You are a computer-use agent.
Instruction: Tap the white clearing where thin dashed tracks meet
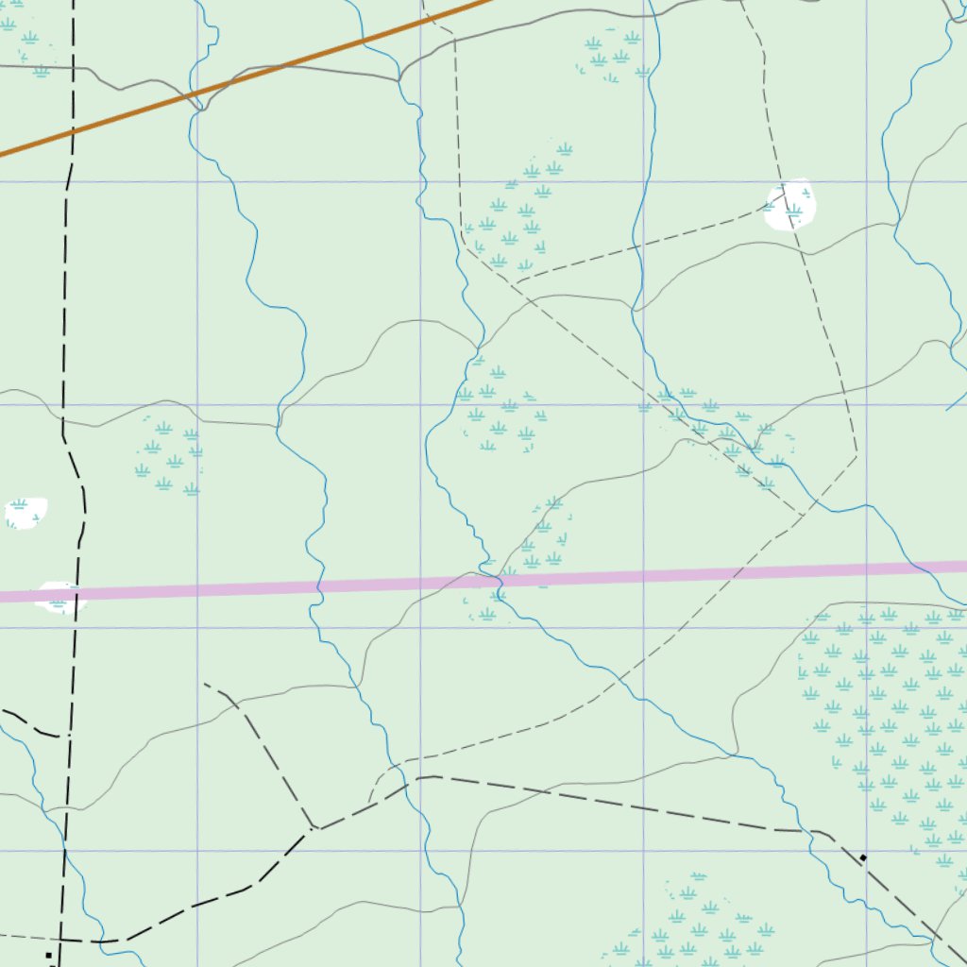coord(790,205)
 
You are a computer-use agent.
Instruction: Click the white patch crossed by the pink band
coord(59,597)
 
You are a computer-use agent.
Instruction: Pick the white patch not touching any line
coord(25,512)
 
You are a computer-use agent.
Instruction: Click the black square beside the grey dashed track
coord(862,857)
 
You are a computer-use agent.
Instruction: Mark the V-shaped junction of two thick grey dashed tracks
coord(315,828)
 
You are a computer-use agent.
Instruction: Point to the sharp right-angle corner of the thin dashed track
coord(857,457)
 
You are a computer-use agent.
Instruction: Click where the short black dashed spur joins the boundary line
coord(64,735)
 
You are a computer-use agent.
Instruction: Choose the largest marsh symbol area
coord(888,727)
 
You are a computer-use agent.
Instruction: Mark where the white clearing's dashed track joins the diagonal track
coord(517,282)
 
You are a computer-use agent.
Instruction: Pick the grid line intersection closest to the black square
coord(866,851)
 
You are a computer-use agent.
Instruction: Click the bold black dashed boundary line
coord(66,283)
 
